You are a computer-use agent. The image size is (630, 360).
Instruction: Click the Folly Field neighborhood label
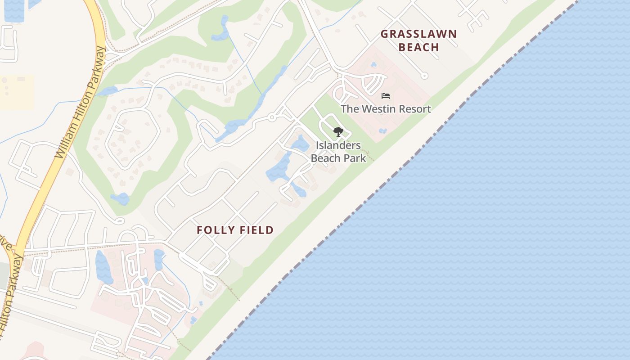point(235,230)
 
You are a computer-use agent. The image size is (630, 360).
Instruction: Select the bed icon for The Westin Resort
point(386,96)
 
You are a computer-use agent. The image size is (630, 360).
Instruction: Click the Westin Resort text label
point(386,109)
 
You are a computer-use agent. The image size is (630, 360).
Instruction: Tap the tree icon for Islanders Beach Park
point(338,132)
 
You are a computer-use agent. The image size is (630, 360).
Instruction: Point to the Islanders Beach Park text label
point(338,152)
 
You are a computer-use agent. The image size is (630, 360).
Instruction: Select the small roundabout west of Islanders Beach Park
point(272,117)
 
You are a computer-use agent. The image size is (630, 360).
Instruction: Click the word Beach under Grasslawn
point(418,47)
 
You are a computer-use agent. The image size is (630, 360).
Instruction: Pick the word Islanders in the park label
point(338,145)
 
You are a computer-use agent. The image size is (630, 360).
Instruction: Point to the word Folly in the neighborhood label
point(213,230)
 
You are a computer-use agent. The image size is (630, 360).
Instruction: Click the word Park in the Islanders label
point(355,158)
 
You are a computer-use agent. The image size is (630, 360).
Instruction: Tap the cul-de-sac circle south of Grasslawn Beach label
point(424,76)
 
